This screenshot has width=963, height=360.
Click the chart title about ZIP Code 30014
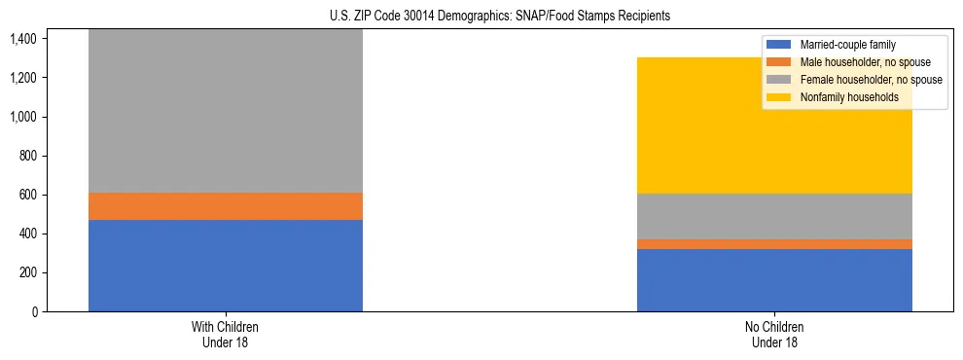[x=481, y=17]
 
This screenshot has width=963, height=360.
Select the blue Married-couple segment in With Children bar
[x=226, y=266]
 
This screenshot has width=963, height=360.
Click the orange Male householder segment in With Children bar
[x=226, y=206]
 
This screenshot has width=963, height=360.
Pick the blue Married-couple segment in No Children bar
[x=774, y=280]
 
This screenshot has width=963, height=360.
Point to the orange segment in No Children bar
[x=774, y=244]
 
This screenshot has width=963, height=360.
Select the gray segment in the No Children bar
[x=774, y=216]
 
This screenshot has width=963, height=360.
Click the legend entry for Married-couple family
[x=847, y=45]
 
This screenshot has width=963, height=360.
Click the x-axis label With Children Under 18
[x=226, y=334]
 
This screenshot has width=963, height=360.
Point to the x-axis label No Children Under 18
[x=774, y=334]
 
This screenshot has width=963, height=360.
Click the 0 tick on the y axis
[x=33, y=312]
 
